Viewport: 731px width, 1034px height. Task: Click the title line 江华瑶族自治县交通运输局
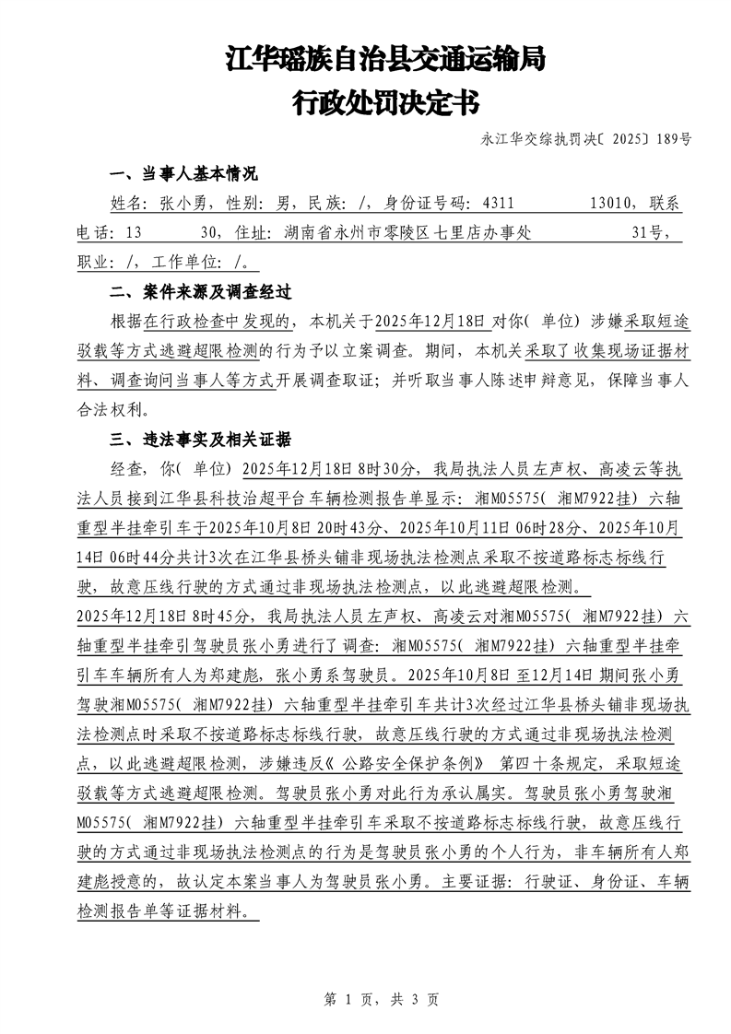coord(386,61)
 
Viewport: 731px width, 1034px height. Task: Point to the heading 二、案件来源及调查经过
coord(200,292)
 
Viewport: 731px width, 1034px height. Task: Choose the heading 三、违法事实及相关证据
coord(200,439)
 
